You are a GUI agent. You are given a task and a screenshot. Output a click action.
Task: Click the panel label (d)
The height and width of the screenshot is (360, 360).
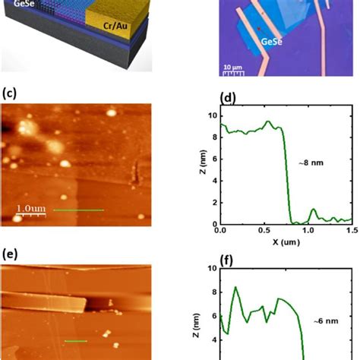[x=226, y=98]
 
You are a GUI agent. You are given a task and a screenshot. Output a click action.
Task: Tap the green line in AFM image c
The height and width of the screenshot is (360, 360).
[x=78, y=210]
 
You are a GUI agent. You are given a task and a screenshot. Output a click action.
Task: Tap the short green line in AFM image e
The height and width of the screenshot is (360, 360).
[x=75, y=341]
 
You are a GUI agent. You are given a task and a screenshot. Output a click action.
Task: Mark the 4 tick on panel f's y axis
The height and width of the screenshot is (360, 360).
[x=213, y=340]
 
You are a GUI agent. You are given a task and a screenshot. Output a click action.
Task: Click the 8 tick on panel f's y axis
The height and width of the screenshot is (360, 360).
[x=213, y=292]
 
